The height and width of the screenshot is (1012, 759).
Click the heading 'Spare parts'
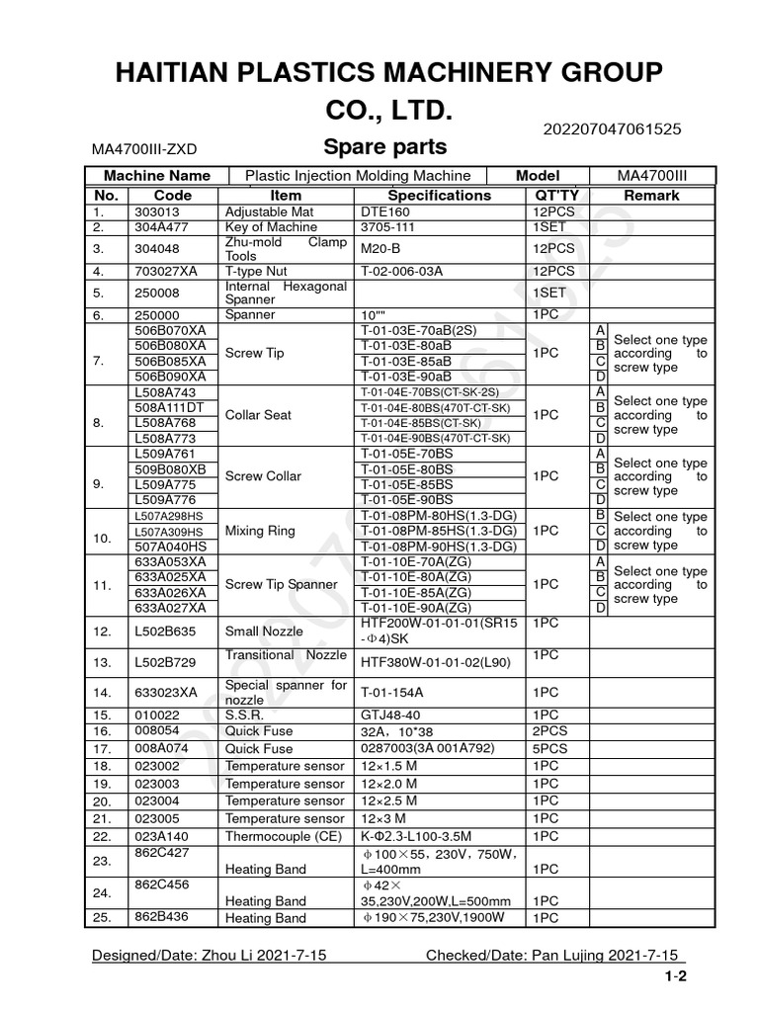385,147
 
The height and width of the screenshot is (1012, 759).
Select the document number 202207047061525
613,128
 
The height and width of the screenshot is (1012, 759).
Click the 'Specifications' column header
439,196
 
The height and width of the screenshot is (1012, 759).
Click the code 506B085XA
170,361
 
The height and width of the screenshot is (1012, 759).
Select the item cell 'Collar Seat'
259,415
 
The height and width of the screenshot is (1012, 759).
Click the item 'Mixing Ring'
261,531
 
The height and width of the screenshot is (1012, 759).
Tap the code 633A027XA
170,608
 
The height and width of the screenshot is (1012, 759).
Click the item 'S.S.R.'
245,715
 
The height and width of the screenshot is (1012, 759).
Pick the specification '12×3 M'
389,819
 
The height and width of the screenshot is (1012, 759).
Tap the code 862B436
160,918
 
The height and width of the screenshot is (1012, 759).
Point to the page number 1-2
675,977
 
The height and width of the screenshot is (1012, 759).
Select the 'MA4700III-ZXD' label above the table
144,149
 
